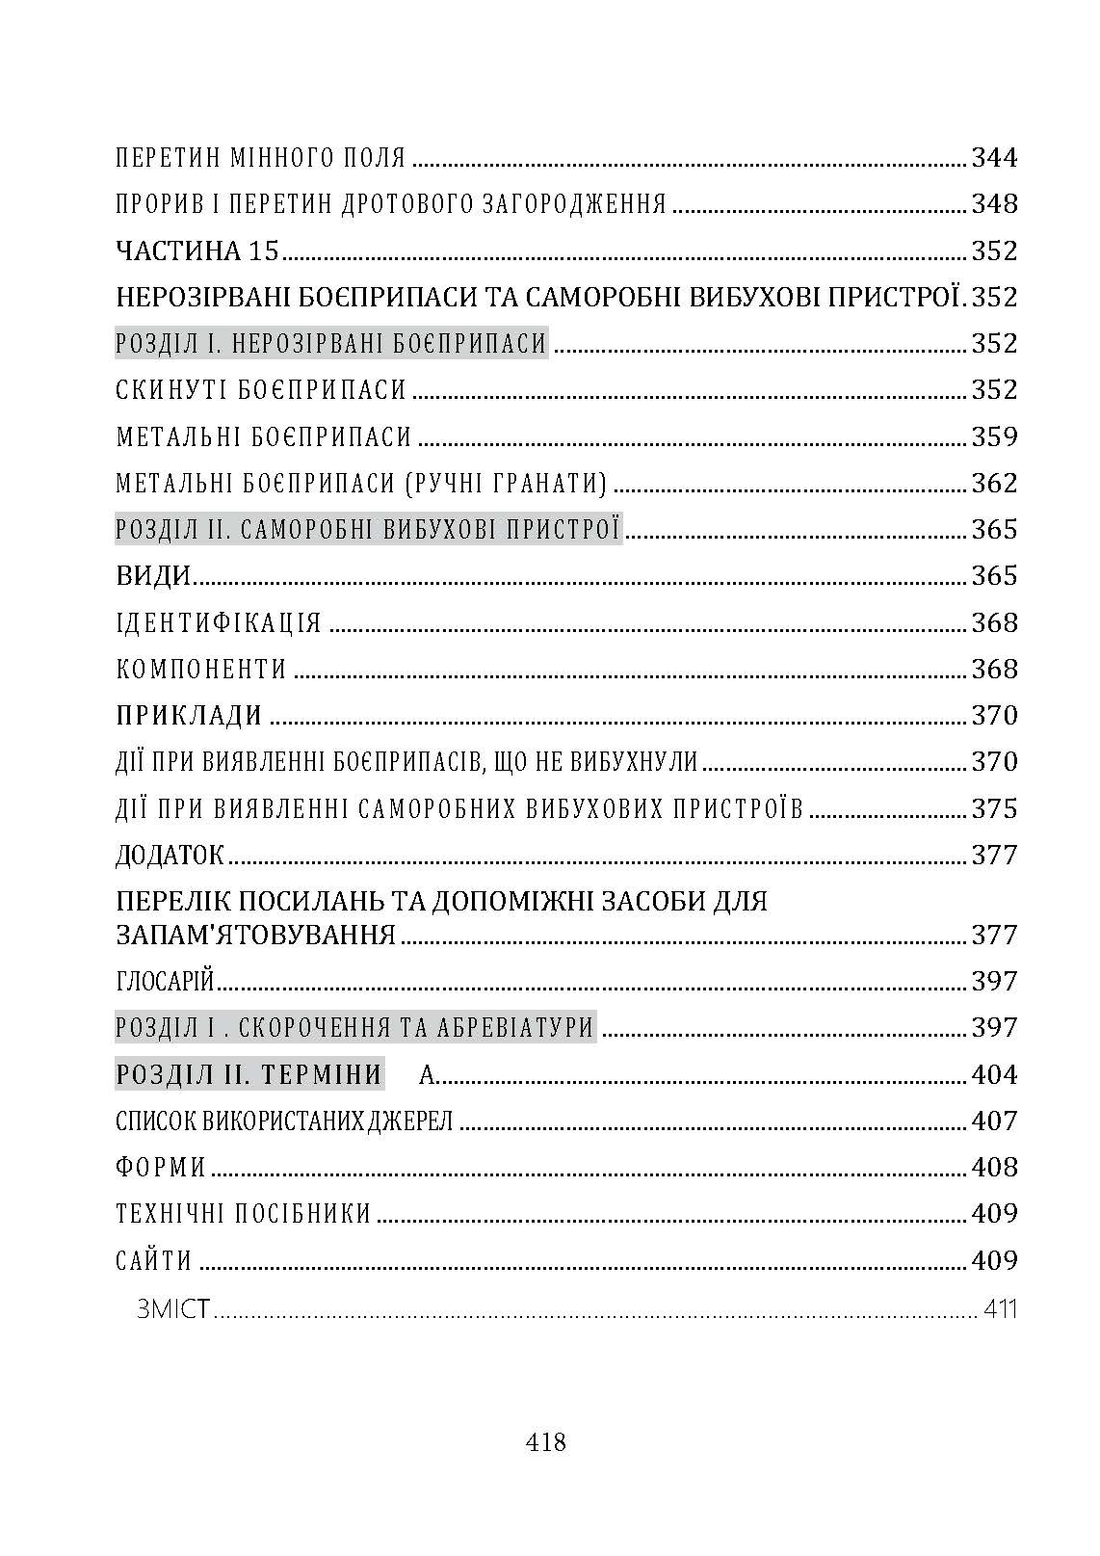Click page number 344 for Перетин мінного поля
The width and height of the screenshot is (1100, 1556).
pos(993,157)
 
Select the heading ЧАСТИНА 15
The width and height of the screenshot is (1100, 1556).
pos(196,251)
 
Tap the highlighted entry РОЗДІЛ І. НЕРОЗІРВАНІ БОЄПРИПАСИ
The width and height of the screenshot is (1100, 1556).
pos(331,343)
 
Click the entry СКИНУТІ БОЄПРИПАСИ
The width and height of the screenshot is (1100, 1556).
pos(261,390)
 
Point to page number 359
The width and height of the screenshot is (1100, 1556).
pos(993,436)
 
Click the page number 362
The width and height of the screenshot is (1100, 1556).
pos(993,483)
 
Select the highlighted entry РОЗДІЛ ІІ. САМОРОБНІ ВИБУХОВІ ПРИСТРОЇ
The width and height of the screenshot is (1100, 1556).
pos(368,529)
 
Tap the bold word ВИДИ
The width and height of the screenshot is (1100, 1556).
pos(153,576)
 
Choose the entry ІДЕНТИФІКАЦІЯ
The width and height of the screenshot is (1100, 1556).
pos(219,622)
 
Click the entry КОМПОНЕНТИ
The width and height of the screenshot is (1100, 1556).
pos(201,669)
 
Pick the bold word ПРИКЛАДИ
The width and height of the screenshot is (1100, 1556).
pos(190,716)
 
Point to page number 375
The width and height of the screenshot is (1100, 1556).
pos(993,808)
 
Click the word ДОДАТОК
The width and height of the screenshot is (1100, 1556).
pos(170,855)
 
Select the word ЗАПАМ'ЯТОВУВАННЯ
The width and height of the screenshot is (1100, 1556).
pos(255,935)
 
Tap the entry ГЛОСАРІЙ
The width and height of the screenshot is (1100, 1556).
pos(164,981)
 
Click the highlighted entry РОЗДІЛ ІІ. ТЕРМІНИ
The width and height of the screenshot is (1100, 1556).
pos(249,1073)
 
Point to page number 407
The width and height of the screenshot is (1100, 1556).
pos(993,1121)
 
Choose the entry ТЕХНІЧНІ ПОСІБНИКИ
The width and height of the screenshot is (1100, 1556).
pos(243,1213)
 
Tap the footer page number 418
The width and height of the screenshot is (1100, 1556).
pos(546,1442)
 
